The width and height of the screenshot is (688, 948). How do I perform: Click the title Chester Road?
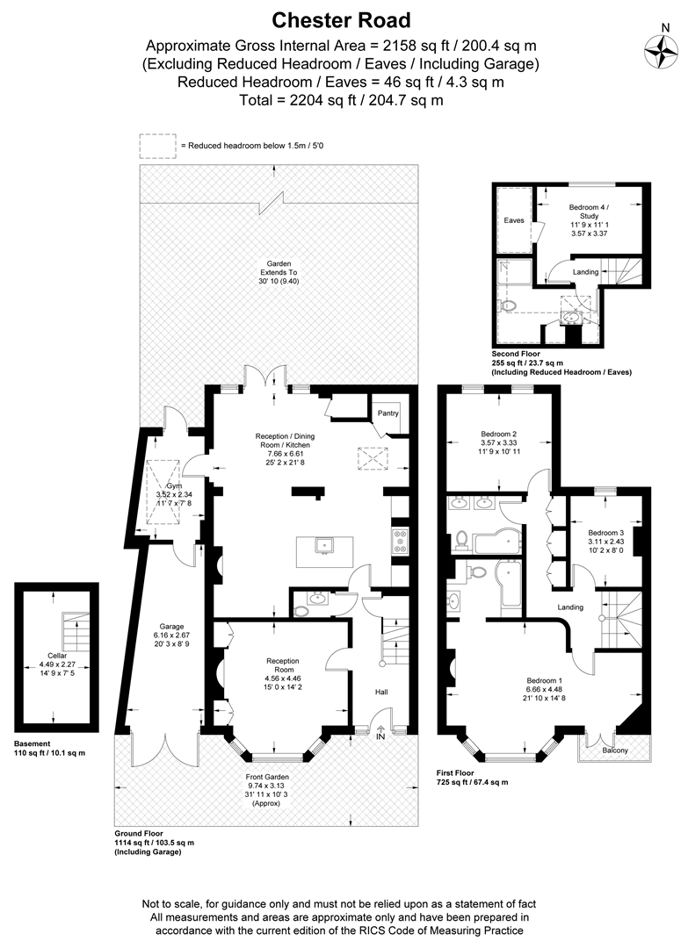pyautogui.click(x=341, y=20)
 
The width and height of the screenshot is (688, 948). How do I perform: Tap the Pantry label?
pyautogui.click(x=387, y=413)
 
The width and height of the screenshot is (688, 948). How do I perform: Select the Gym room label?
pyautogui.click(x=174, y=486)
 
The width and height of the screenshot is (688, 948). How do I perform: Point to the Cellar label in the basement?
pyautogui.click(x=57, y=656)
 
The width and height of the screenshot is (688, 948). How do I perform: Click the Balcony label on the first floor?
pyautogui.click(x=615, y=750)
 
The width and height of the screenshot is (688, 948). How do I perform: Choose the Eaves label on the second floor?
pyautogui.click(x=514, y=220)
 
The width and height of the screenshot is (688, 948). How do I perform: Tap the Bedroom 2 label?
pyautogui.click(x=498, y=434)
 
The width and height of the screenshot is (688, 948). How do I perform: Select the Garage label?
pyautogui.click(x=172, y=627)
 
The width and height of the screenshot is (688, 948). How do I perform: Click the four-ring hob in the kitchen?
pyautogui.click(x=400, y=541)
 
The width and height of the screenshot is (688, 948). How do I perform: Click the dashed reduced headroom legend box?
pyautogui.click(x=158, y=146)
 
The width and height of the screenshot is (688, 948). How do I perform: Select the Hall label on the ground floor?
pyautogui.click(x=381, y=692)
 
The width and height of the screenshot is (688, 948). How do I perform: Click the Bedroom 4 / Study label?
pyautogui.click(x=589, y=212)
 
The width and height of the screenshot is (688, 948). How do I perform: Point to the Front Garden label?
pyautogui.click(x=267, y=777)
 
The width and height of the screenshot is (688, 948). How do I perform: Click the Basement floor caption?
pyautogui.click(x=32, y=743)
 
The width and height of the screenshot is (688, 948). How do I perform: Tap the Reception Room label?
pyautogui.click(x=283, y=665)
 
